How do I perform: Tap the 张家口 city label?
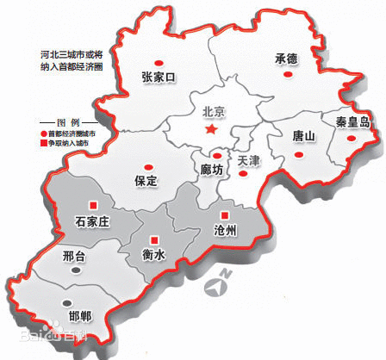[x=159, y=78]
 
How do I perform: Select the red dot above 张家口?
[x=158, y=62]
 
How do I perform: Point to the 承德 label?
[x=286, y=59]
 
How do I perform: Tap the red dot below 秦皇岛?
[x=350, y=136]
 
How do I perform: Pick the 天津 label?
[x=248, y=160]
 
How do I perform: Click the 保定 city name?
[x=146, y=182]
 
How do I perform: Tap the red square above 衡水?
[x=155, y=239]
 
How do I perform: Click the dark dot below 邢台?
[x=76, y=270]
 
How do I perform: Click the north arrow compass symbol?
[x=220, y=285]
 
